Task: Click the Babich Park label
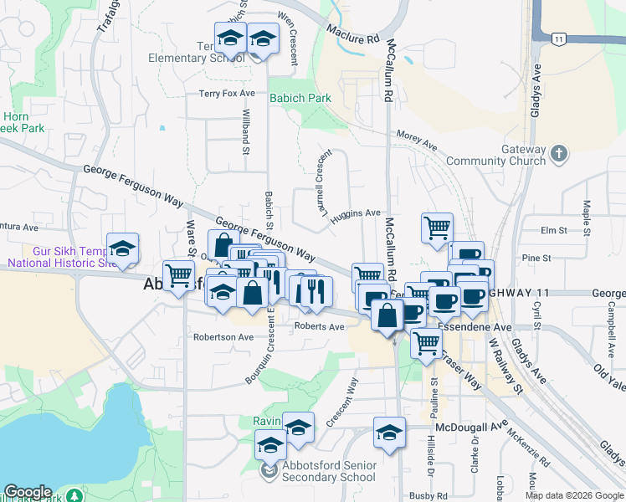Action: click(x=300, y=98)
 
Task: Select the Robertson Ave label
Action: click(x=223, y=337)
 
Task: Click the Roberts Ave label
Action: click(x=320, y=327)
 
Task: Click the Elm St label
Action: click(x=554, y=230)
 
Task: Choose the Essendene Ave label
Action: click(x=475, y=328)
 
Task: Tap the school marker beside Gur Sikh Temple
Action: click(x=123, y=247)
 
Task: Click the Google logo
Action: click(x=28, y=492)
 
